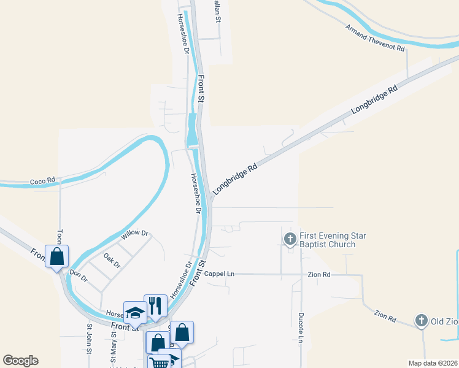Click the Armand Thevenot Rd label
click(376, 38)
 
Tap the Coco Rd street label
click(42, 182)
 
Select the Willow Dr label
click(135, 234)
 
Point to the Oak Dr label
click(112, 261)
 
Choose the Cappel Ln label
click(220, 274)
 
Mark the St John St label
click(89, 339)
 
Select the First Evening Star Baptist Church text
click(327, 240)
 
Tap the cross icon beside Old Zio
click(421, 320)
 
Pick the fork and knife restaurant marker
click(155, 305)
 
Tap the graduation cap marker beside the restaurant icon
click(135, 312)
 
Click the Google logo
click(20, 361)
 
